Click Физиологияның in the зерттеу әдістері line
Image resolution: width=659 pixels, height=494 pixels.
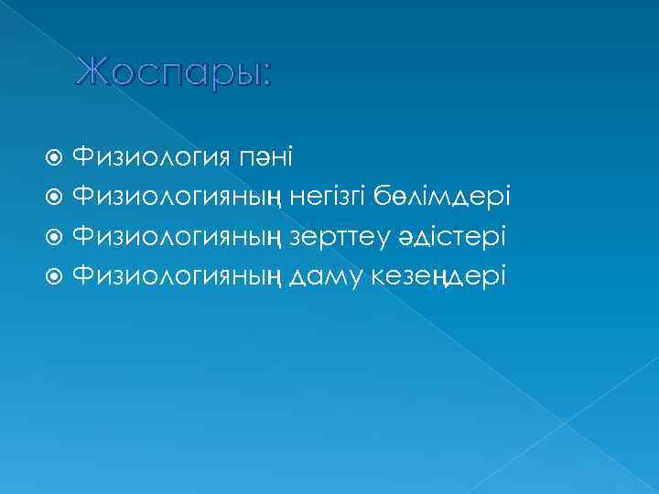(x=178, y=238)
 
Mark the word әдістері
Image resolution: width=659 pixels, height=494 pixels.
(x=451, y=237)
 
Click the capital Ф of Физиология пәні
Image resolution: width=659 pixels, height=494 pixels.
(x=82, y=161)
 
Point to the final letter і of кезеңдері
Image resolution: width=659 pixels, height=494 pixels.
(x=502, y=274)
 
